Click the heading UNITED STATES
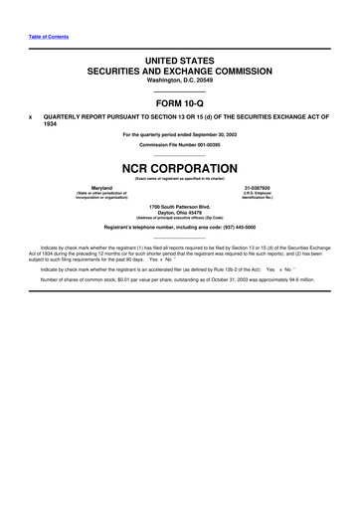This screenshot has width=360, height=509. (x=180, y=62)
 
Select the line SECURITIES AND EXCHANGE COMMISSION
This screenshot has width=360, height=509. (x=180, y=73)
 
